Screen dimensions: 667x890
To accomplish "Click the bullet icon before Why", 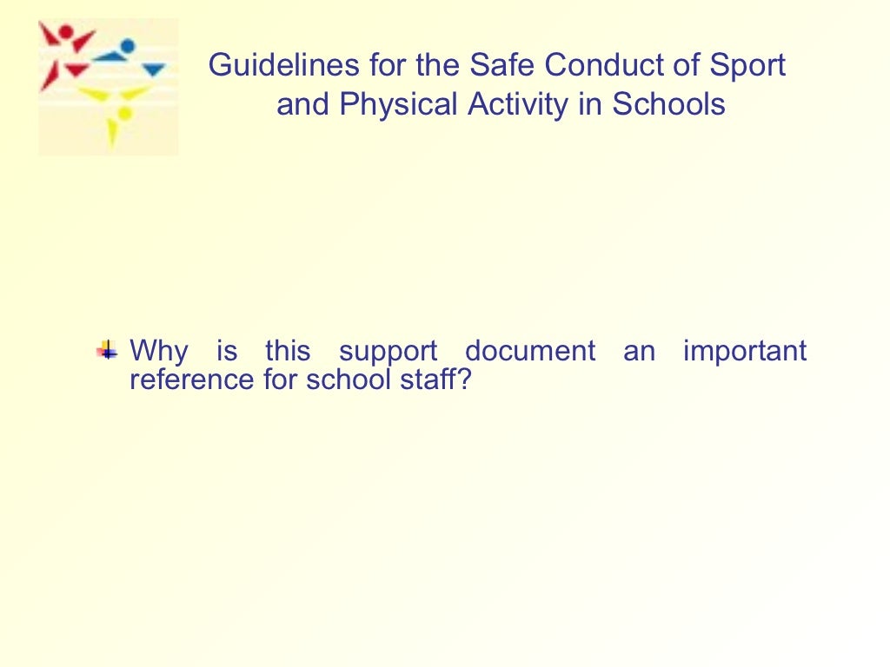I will click(108, 352).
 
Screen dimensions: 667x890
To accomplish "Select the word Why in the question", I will click(158, 353).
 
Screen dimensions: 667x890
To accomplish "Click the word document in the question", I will click(530, 352).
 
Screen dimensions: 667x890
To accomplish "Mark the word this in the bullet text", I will click(288, 352).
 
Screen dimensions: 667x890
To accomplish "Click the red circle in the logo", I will click(65, 33).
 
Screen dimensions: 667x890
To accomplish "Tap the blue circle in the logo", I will click(128, 46).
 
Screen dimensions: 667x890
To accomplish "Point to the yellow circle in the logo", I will click(124, 113).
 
